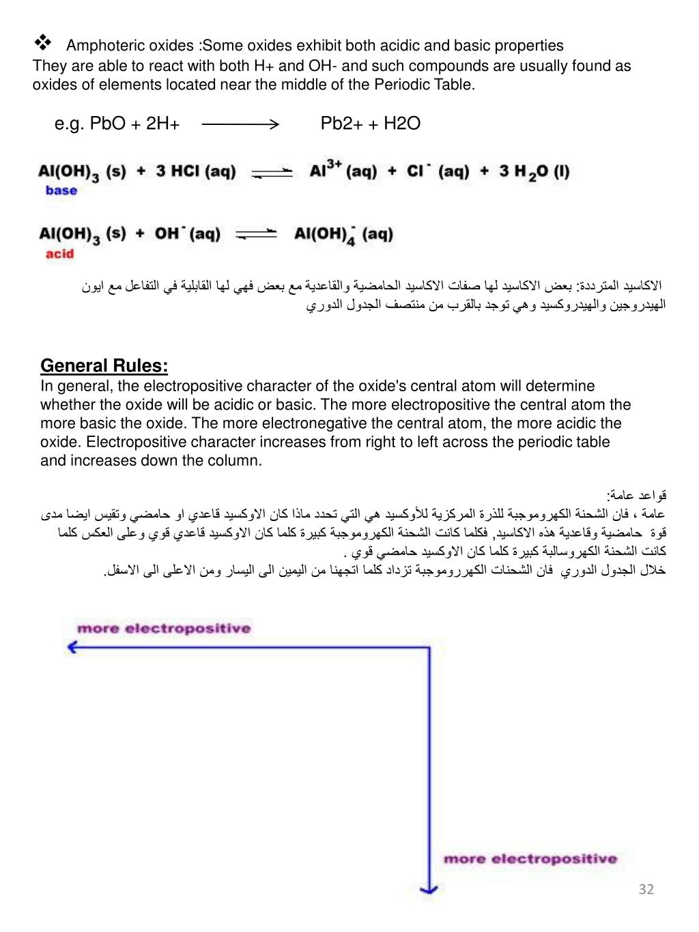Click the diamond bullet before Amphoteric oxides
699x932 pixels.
click(42, 44)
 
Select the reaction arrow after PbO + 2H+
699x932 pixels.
click(240, 124)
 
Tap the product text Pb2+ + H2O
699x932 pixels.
click(370, 124)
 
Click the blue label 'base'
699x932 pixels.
click(61, 190)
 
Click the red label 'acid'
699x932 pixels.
click(59, 254)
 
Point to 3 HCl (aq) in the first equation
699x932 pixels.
click(195, 171)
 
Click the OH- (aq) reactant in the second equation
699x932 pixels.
click(187, 234)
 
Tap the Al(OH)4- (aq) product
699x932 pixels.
click(343, 236)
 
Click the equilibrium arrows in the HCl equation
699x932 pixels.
click(272, 172)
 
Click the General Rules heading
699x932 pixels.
click(104, 366)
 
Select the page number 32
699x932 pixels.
click(646, 889)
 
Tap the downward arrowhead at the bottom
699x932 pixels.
click(429, 888)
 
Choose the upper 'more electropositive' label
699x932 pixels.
click(164, 628)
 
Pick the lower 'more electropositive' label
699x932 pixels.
click(530, 859)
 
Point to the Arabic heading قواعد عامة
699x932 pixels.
click(636, 495)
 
